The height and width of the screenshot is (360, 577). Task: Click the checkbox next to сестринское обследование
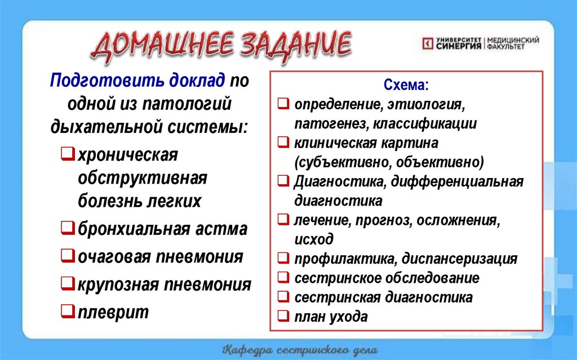[283, 278]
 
